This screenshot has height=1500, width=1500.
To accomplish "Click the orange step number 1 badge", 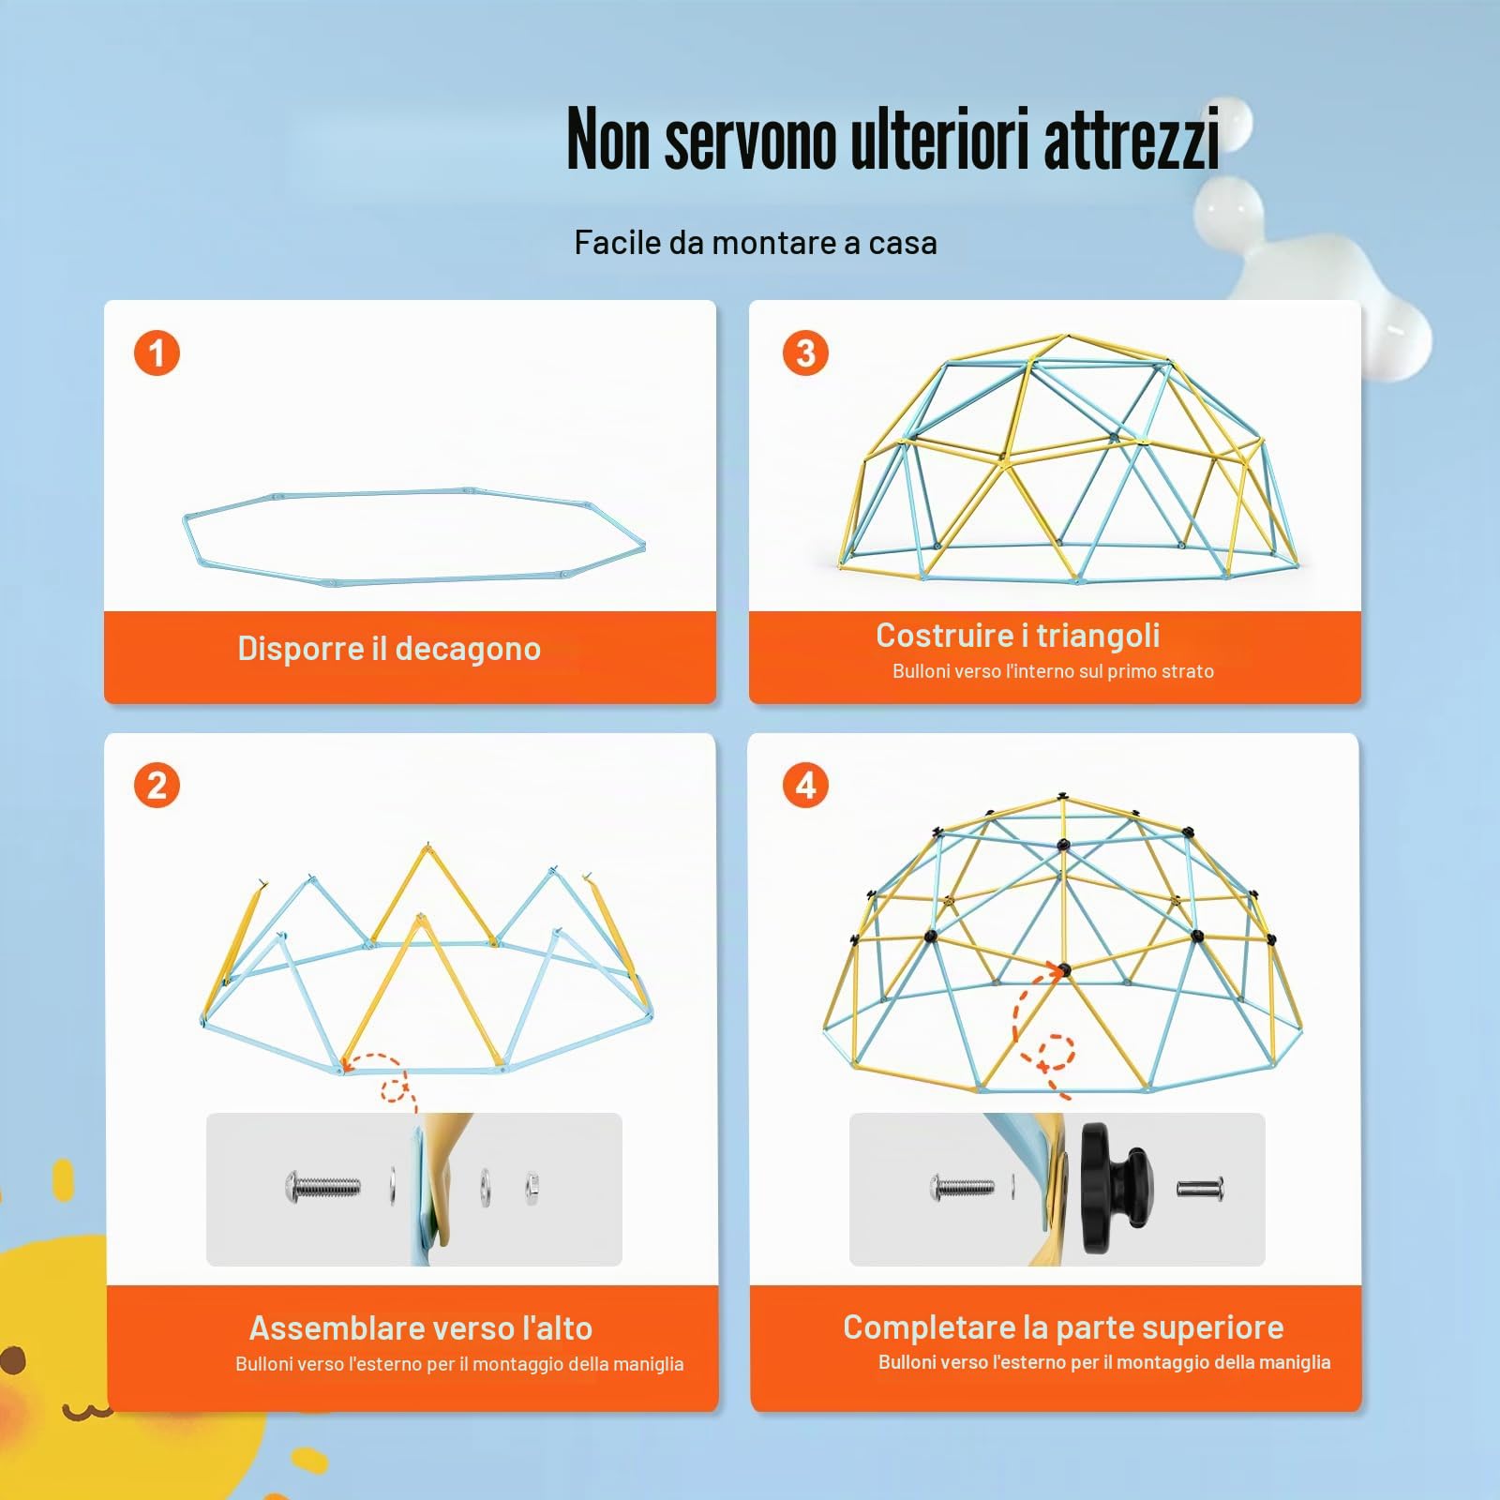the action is (x=157, y=353).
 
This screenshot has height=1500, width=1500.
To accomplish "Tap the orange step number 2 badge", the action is (x=157, y=786).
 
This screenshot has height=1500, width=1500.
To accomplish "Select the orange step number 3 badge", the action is (x=805, y=353).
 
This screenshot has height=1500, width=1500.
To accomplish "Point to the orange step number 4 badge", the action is (x=805, y=786).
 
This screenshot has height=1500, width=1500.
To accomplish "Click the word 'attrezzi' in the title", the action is (x=1132, y=138).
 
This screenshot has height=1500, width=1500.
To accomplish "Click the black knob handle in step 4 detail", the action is (x=1117, y=1189).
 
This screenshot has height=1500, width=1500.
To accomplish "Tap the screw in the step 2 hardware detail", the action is (x=322, y=1188).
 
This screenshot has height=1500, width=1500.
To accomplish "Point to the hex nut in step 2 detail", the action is (x=531, y=1188).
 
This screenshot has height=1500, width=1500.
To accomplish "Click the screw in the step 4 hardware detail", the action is (x=962, y=1189).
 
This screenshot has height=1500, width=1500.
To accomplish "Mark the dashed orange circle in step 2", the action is (x=397, y=1089).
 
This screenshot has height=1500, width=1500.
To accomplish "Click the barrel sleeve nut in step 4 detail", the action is (x=1200, y=1189).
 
